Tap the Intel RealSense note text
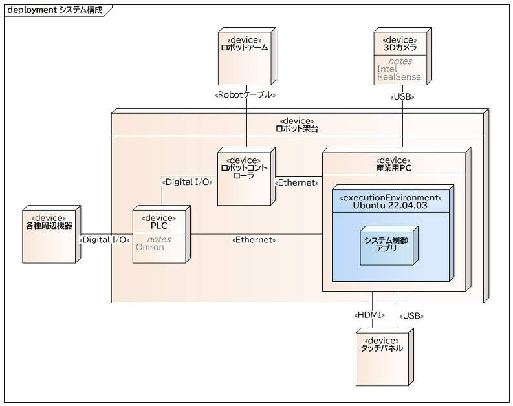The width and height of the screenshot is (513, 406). click(398, 72)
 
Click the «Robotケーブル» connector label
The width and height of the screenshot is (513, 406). click(245, 95)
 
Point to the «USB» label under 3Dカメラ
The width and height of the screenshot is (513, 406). click(402, 96)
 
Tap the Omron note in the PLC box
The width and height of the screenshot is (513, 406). click(149, 247)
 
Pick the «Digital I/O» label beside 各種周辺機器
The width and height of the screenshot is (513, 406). click(104, 240)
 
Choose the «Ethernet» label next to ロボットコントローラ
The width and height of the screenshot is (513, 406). click(297, 182)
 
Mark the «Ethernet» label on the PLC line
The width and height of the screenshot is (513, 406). click(254, 240)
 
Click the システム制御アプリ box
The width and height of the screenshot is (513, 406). click(386, 246)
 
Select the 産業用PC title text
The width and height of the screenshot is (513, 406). click(393, 168)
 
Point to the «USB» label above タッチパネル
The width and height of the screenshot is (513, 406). click(411, 316)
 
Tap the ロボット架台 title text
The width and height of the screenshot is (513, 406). click(297, 129)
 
